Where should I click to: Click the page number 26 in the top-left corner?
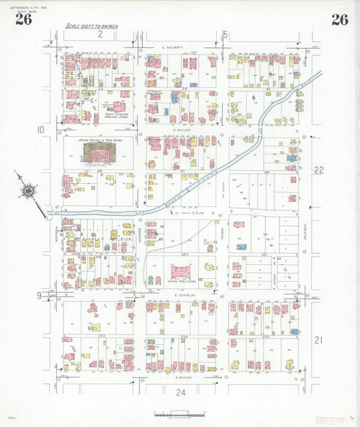pos(23,20)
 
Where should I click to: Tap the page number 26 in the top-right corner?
pos(339,20)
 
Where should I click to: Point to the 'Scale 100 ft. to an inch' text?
pos(93,26)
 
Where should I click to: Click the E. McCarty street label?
pos(173,47)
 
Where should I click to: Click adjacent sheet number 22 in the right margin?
pos(318,170)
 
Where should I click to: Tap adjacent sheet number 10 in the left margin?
pos(41,129)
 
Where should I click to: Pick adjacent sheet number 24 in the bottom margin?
pos(180,392)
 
